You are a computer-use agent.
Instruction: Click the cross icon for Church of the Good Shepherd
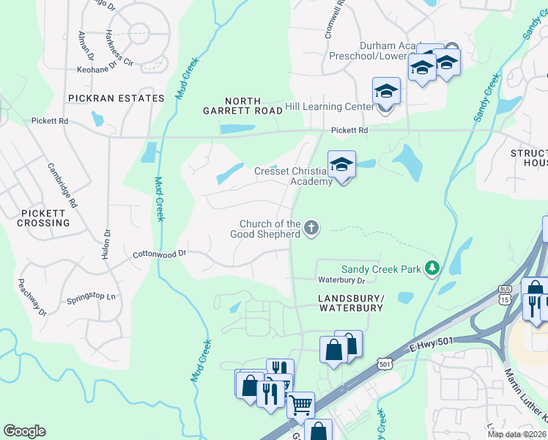(x=311, y=228)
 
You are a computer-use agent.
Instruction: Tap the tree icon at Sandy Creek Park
(x=433, y=269)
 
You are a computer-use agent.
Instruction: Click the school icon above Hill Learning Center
(x=386, y=92)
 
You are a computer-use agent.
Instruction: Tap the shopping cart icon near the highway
(x=300, y=403)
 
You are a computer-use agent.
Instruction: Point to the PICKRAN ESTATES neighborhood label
(x=116, y=98)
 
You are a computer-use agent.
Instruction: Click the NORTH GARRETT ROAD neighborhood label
(x=243, y=105)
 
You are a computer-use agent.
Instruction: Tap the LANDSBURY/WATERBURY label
(x=351, y=303)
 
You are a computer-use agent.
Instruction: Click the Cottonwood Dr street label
(x=160, y=254)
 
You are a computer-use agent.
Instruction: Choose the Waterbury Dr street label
(x=341, y=280)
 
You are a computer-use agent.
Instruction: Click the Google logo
(x=24, y=431)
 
